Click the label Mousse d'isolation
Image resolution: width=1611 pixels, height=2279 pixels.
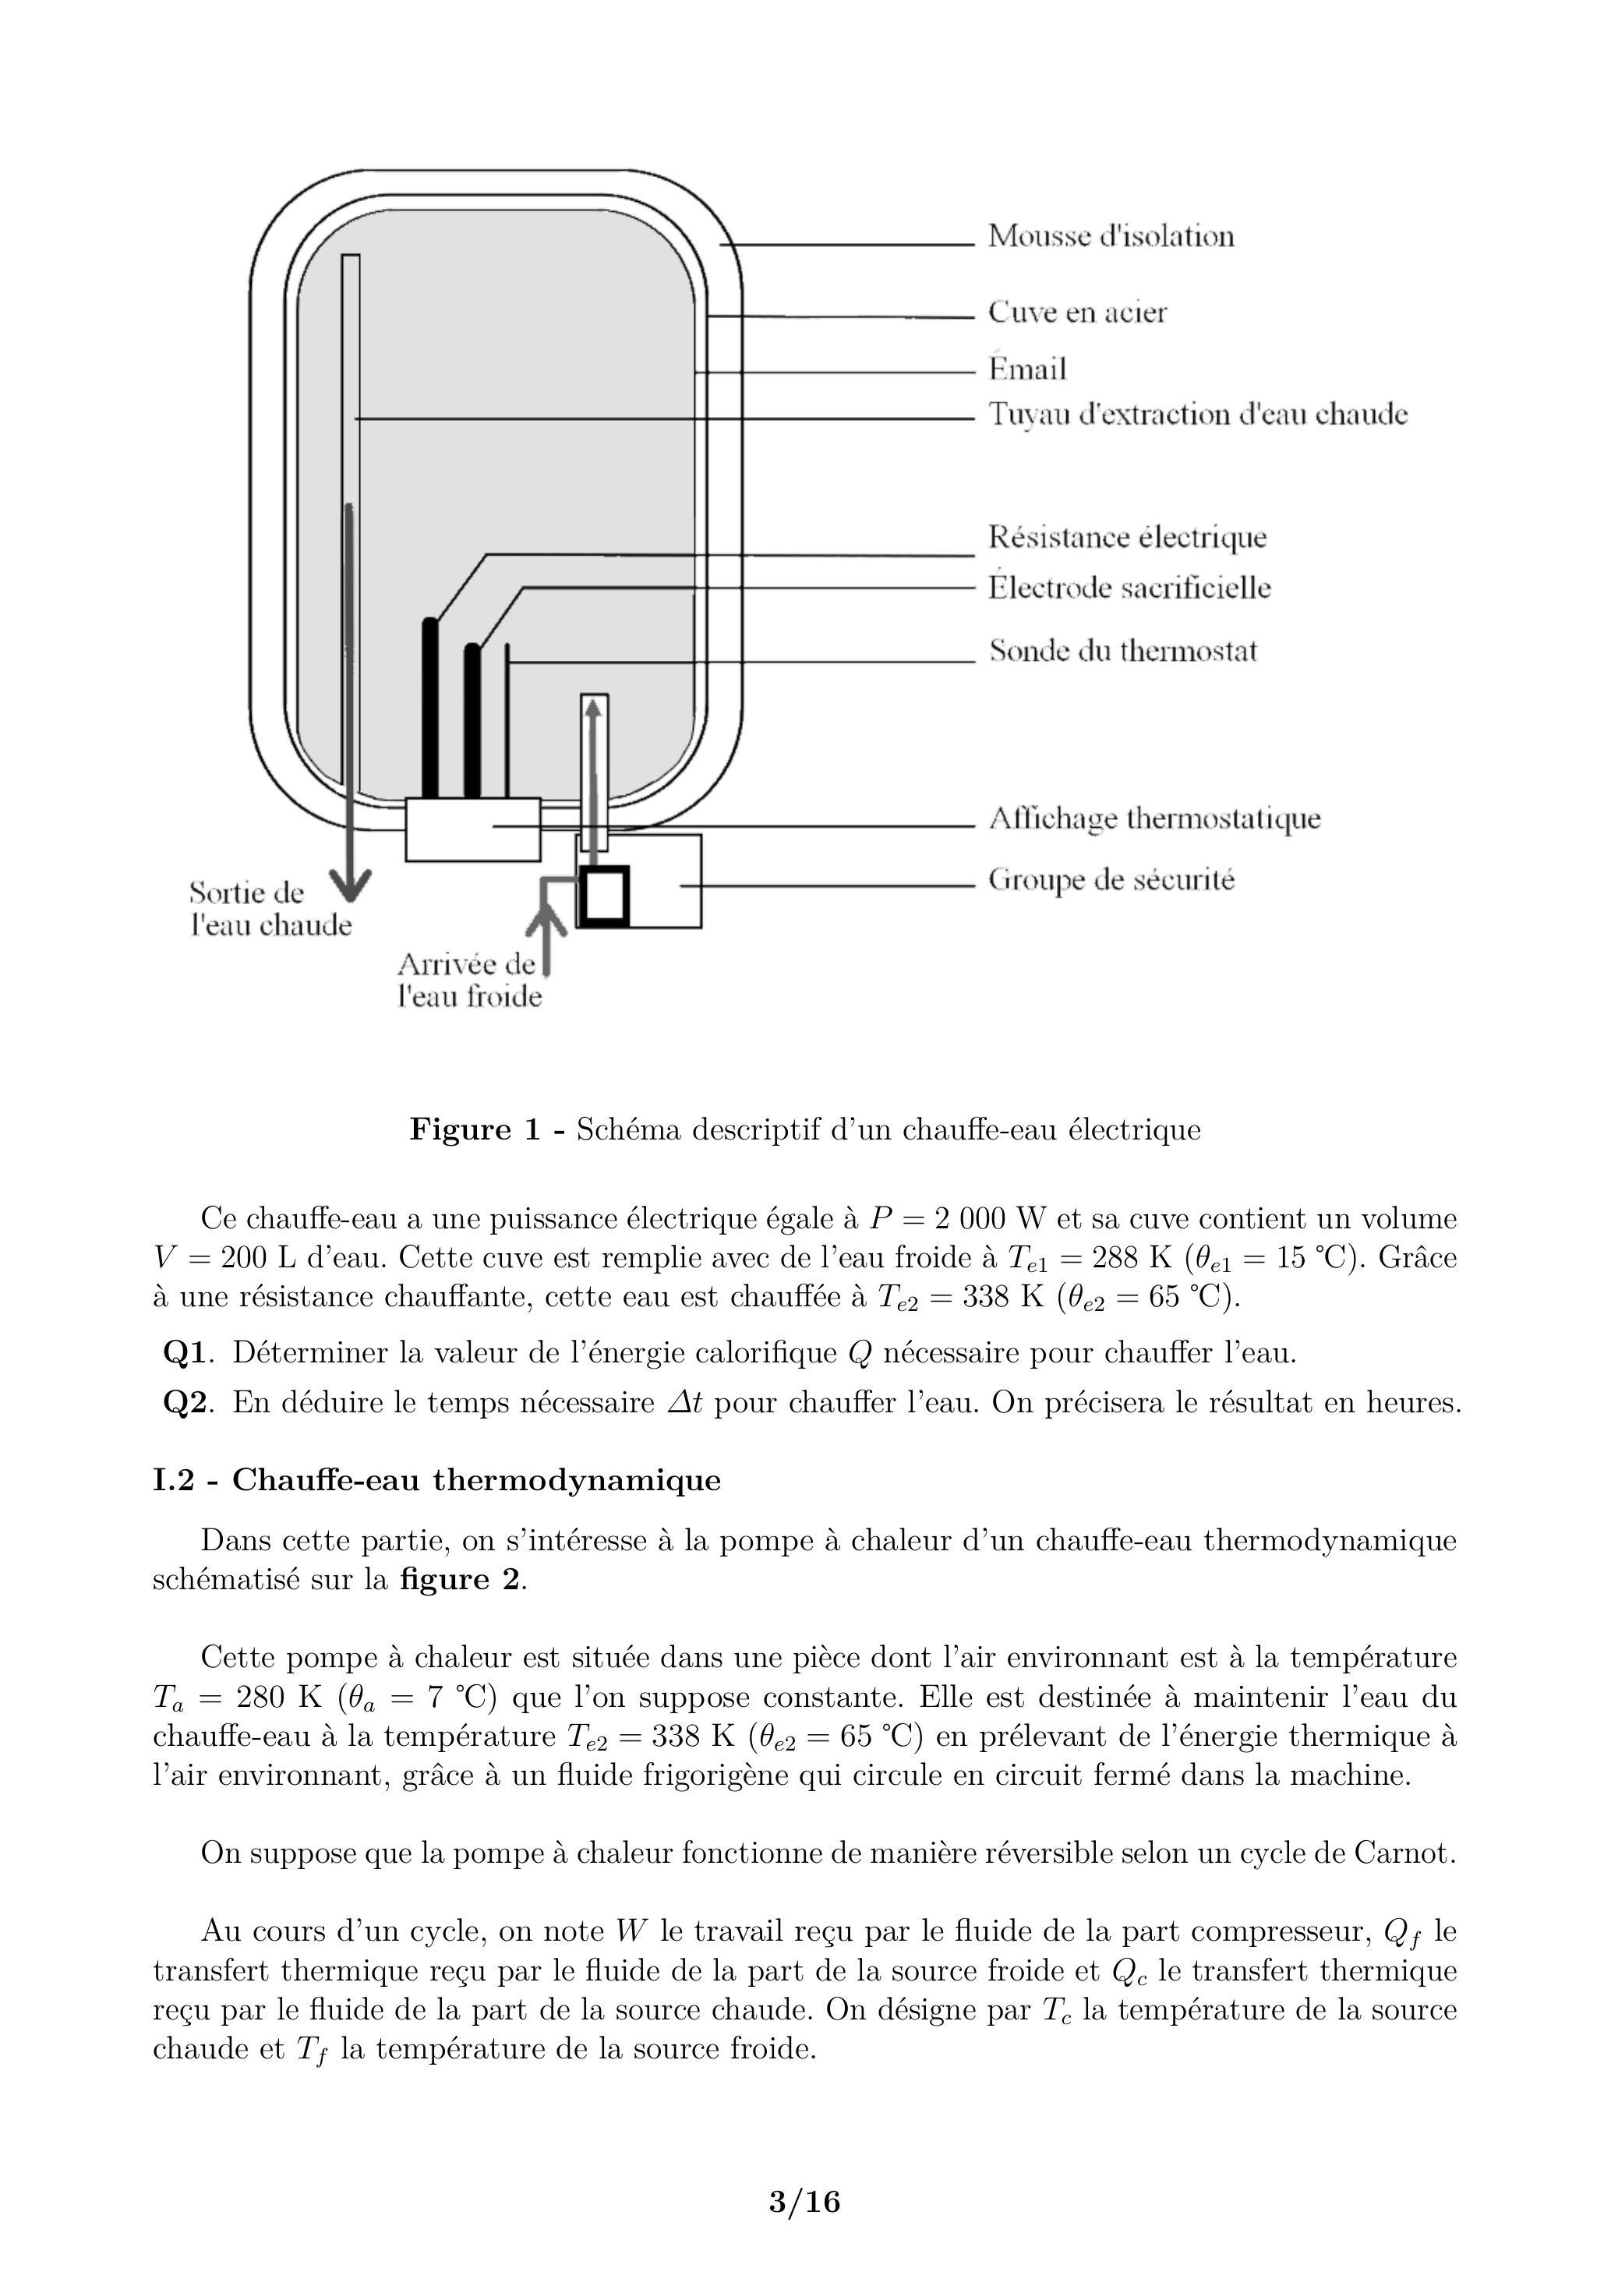coord(1111,236)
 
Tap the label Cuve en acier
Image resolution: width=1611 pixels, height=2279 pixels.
coord(1077,312)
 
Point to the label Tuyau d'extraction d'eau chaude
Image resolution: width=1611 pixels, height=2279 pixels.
coord(1197,414)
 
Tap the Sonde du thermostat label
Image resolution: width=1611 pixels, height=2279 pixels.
coord(1122,651)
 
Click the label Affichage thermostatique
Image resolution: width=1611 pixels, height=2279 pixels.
coord(1154,820)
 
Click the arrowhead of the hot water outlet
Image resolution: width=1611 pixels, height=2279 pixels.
coord(349,883)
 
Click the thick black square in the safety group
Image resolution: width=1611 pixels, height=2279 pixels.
coord(603,896)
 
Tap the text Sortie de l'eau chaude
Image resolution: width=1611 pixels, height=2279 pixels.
coord(270,910)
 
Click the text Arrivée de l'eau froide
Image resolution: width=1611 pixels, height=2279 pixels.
coord(469,980)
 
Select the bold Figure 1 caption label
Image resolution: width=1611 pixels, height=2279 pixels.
coord(487,1129)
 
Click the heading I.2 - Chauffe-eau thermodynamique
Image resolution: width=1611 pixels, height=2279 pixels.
coord(436,1480)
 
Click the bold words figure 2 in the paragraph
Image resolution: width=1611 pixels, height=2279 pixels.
coord(460,1579)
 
